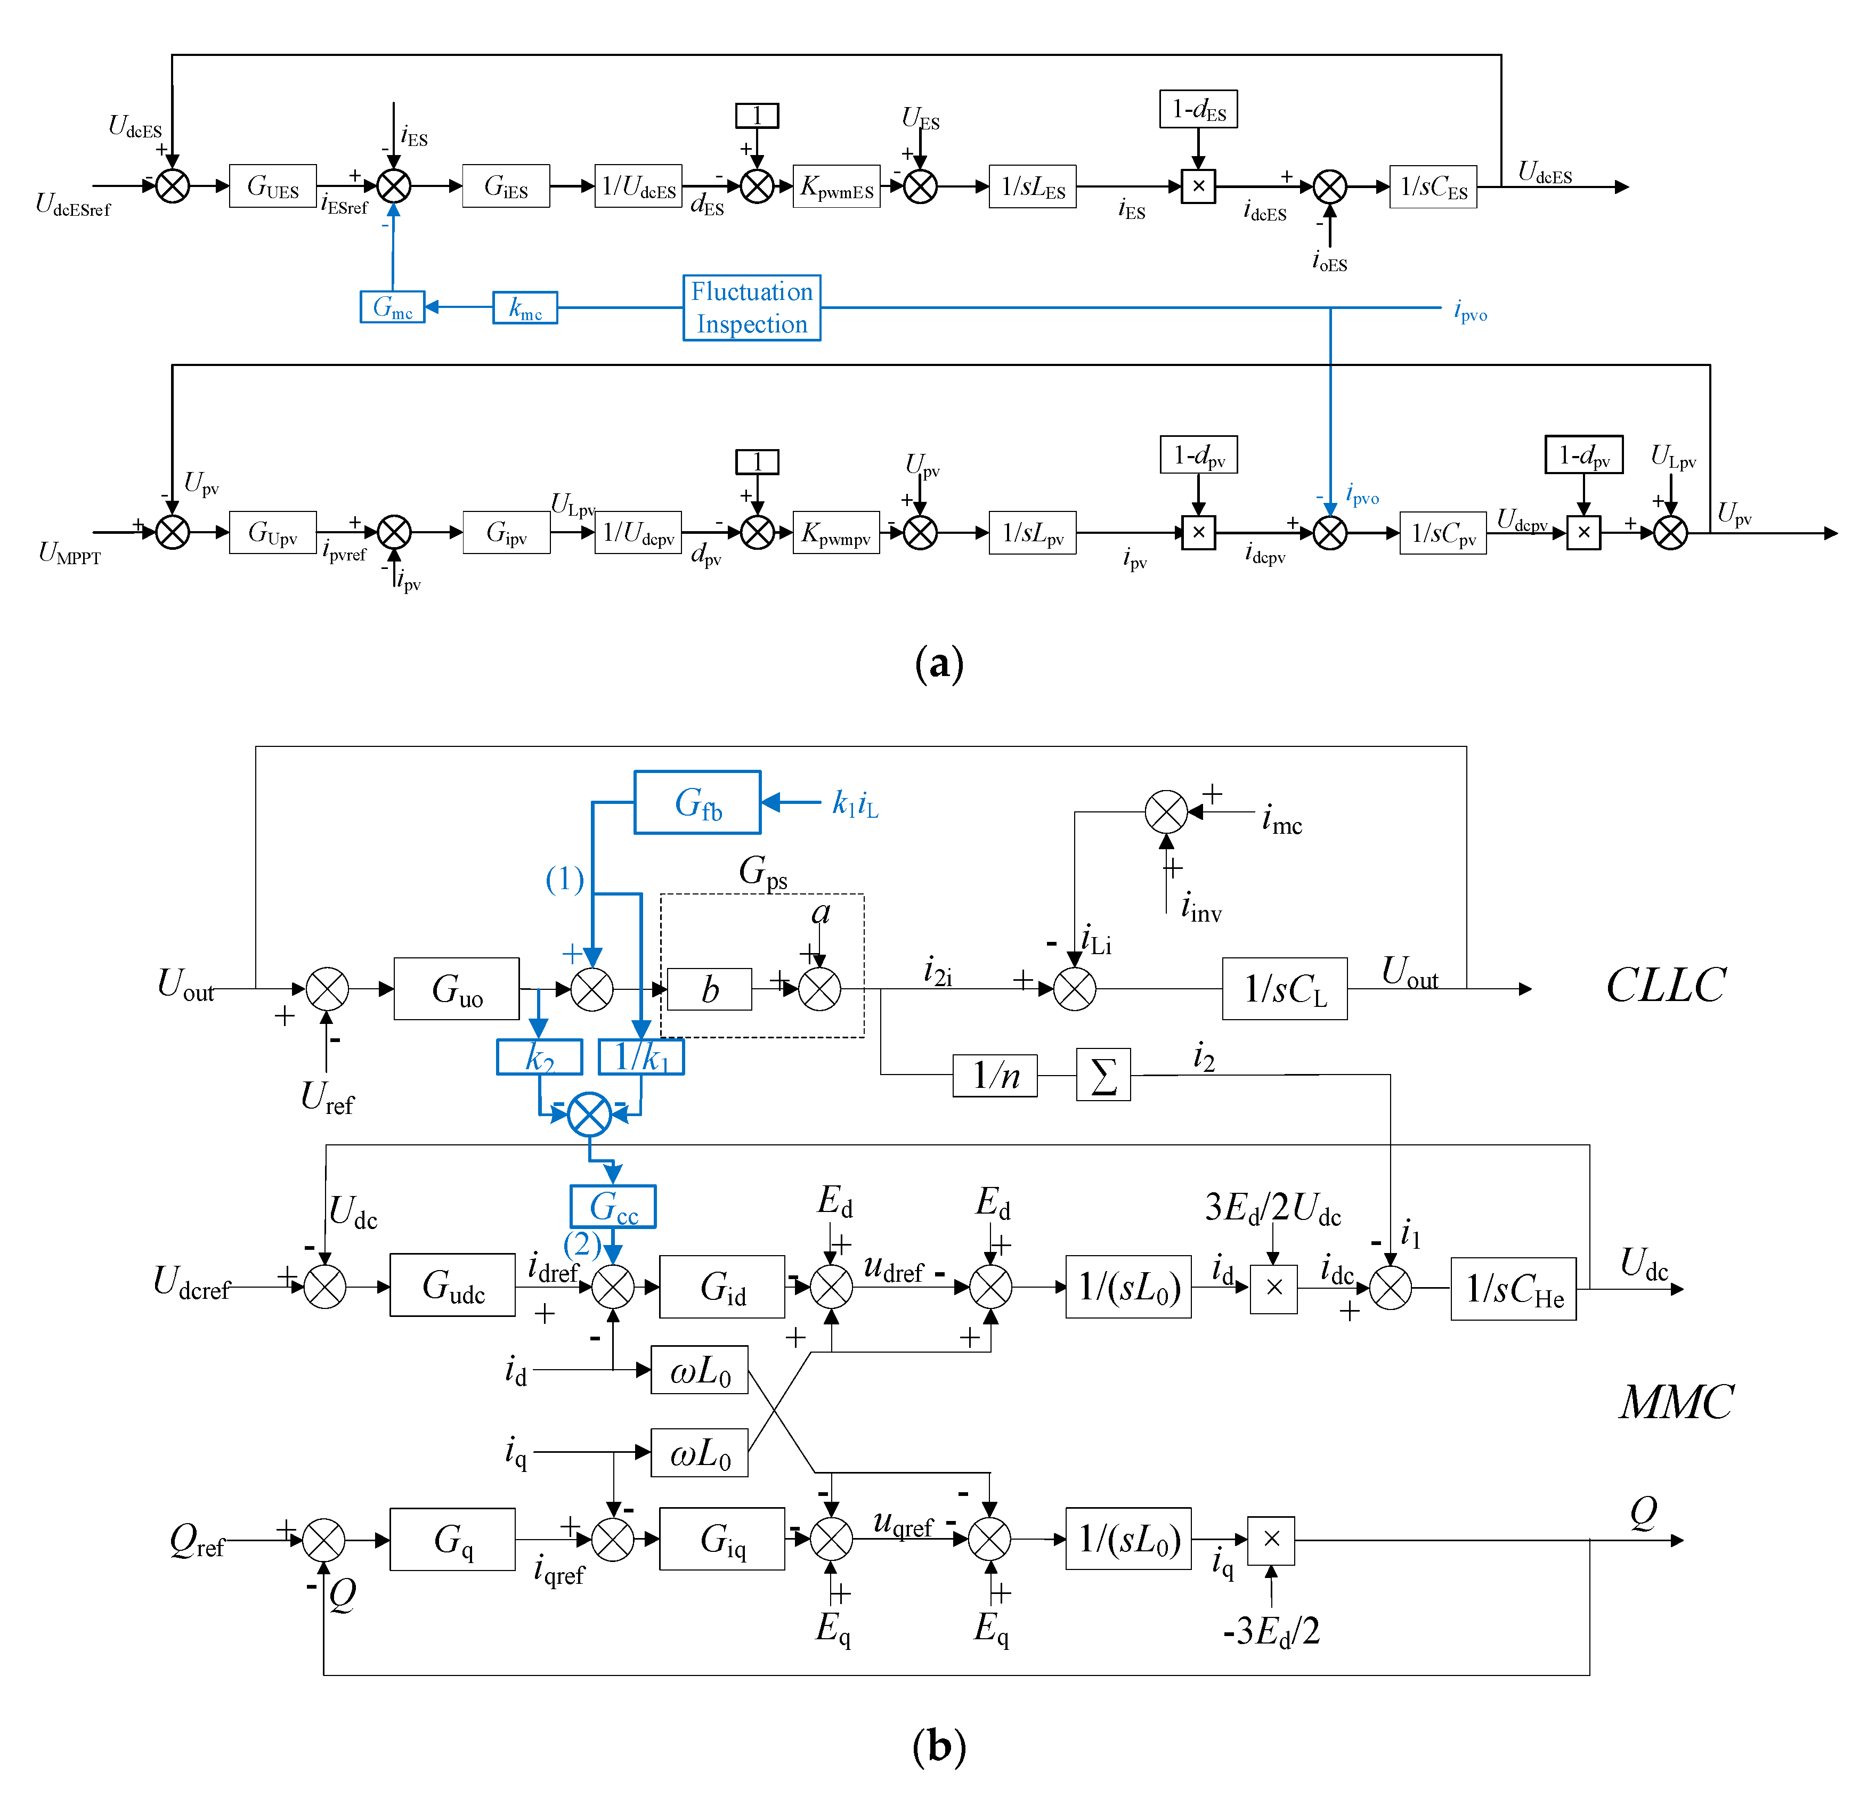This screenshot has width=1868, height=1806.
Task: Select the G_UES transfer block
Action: point(273,186)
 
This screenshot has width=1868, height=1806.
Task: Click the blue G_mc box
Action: point(392,307)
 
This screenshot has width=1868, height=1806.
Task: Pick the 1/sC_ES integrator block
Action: point(1433,187)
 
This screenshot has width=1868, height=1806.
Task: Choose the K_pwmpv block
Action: point(836,533)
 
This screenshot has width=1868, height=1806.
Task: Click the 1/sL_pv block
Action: point(1032,533)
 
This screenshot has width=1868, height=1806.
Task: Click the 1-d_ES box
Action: point(1198,109)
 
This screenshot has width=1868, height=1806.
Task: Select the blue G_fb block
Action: point(697,802)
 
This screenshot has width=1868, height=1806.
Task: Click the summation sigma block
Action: point(1103,1075)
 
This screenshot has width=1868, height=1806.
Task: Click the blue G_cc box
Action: point(613,1207)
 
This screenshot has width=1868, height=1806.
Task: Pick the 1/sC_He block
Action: point(1513,1289)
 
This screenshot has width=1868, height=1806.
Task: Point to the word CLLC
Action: point(1665,986)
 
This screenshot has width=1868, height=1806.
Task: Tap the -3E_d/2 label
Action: point(1271,1632)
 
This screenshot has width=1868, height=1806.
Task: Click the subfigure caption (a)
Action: point(939,663)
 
